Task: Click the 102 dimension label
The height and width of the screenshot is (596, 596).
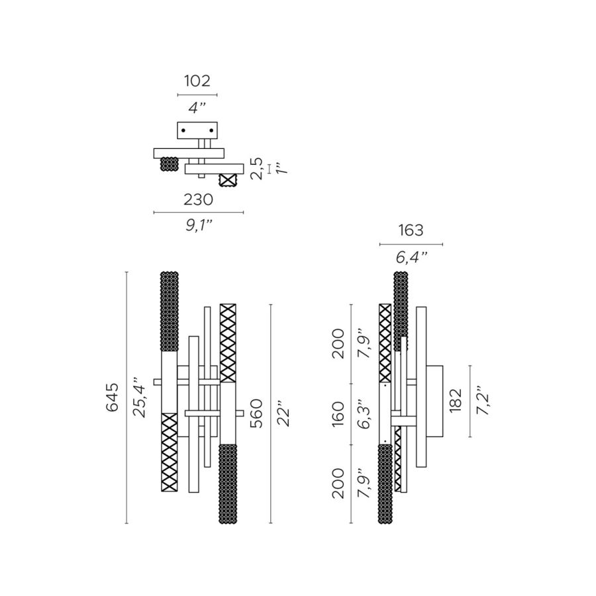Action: point(197,81)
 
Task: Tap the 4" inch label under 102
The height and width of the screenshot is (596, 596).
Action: point(197,108)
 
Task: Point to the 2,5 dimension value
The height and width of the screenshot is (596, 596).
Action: point(258,169)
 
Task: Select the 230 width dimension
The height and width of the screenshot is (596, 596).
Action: point(198,199)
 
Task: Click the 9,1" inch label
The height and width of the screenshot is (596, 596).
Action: point(198,226)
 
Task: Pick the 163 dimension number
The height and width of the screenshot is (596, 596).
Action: point(411,231)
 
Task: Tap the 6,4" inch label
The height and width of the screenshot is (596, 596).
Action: point(411,257)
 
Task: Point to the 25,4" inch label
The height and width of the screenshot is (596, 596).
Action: point(140,397)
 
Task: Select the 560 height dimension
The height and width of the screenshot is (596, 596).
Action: point(257,413)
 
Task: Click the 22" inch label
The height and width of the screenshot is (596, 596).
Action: point(284,413)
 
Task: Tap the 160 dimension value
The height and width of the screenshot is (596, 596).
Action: point(338,414)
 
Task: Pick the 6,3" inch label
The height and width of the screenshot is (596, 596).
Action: point(363,414)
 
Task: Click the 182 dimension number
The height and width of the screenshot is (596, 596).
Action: point(456,400)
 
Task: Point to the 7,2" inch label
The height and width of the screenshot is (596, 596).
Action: point(483,400)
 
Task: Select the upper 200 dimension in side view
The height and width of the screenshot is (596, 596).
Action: point(338,343)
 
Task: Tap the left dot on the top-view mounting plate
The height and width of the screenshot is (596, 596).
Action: point(183,131)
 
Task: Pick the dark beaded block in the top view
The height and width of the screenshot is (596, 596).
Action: point(170,164)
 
